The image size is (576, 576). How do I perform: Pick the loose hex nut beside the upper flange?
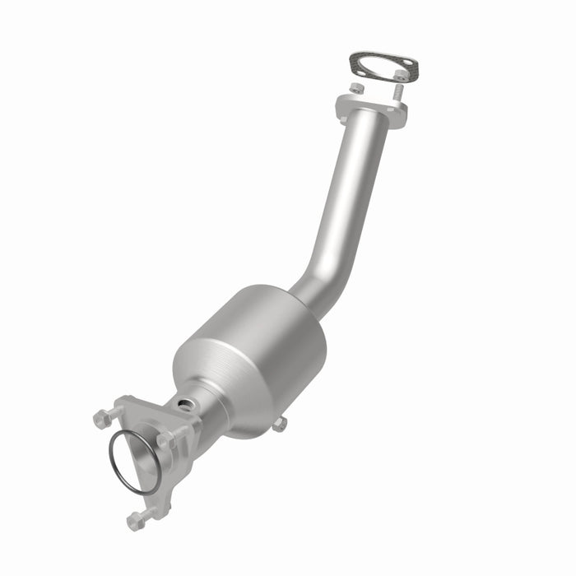(x=356, y=88)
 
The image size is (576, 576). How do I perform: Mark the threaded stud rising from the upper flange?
(x=398, y=89)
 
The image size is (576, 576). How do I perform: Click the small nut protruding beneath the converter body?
(x=279, y=425)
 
